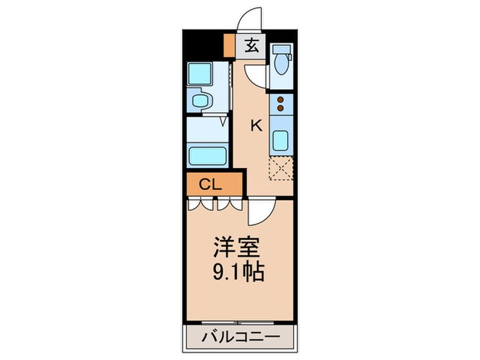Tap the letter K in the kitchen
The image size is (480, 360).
point(256,125)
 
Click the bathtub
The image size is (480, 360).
point(208,155)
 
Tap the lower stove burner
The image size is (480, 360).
point(281,108)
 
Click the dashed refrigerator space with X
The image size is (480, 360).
point(281,168)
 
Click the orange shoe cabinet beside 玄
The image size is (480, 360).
point(229,47)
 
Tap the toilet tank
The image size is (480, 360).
point(281,51)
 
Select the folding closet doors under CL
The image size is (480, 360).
point(215,203)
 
